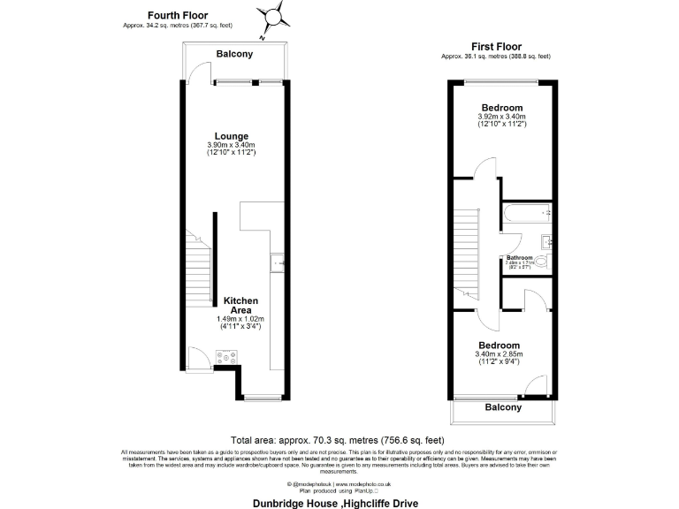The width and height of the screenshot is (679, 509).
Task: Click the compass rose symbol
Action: pyautogui.click(x=274, y=16)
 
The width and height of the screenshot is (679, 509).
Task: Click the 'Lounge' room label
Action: pyautogui.click(x=231, y=135)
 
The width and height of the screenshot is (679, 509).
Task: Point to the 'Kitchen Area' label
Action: pyautogui.click(x=240, y=306)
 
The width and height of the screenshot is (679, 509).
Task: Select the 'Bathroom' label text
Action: pyautogui.click(x=521, y=257)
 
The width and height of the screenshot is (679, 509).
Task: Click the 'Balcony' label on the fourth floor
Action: pyautogui.click(x=234, y=54)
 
